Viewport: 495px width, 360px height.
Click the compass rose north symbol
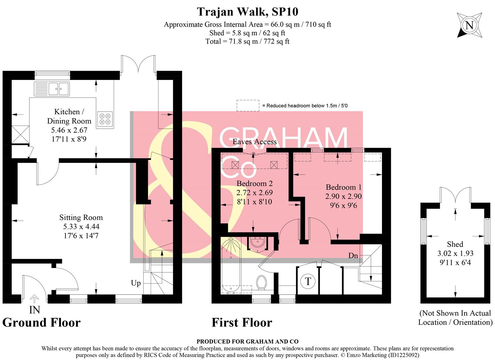[469, 25]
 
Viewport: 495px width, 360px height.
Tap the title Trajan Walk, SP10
[247, 12]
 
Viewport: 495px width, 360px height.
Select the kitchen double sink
[52, 89]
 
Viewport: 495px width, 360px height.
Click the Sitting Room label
[81, 218]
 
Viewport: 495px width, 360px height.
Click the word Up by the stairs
[136, 283]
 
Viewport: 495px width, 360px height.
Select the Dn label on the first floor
[353, 256]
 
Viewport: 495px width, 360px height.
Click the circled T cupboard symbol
[308, 282]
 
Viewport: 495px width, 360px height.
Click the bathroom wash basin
[257, 242]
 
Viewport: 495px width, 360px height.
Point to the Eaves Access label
[255, 142]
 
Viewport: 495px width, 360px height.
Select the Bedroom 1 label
[344, 187]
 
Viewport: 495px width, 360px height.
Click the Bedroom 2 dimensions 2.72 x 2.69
[255, 193]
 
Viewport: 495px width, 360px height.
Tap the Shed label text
[455, 244]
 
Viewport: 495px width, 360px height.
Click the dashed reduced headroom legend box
[248, 105]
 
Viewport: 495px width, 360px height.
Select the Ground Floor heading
[41, 323]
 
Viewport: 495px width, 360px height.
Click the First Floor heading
[242, 323]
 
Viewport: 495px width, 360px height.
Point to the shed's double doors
[455, 195]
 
